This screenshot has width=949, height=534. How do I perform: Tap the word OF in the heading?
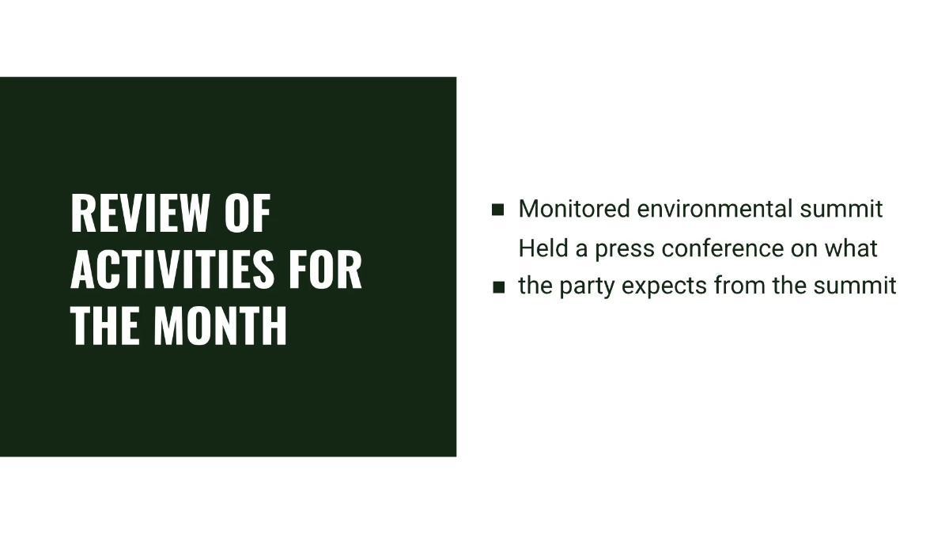point(247,213)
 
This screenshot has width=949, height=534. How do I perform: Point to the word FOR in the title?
point(324,268)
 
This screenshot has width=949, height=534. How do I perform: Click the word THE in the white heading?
point(106,324)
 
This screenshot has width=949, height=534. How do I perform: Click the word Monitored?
point(574,210)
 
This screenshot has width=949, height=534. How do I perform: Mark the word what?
point(851,248)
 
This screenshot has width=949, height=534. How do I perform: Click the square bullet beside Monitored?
point(498,210)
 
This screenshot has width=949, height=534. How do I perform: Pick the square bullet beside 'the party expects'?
point(498,287)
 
